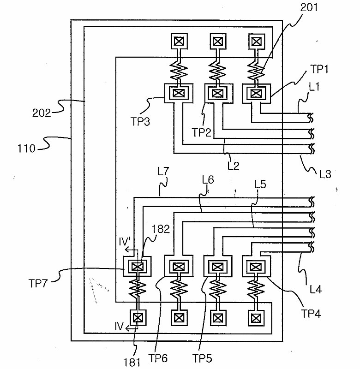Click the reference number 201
[309, 7]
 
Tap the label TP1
[319, 69]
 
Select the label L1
[314, 87]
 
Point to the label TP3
[140, 122]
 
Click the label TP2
[202, 132]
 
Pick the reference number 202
[42, 113]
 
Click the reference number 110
[26, 149]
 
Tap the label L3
[325, 174]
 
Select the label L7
[163, 171]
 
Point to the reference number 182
[161, 229]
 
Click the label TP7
[38, 283]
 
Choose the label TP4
[311, 314]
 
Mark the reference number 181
[132, 363]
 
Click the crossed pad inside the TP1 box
[256, 94]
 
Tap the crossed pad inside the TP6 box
[179, 267]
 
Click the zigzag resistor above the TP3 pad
[179, 70]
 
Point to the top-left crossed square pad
[179, 42]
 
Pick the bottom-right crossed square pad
[256, 318]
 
